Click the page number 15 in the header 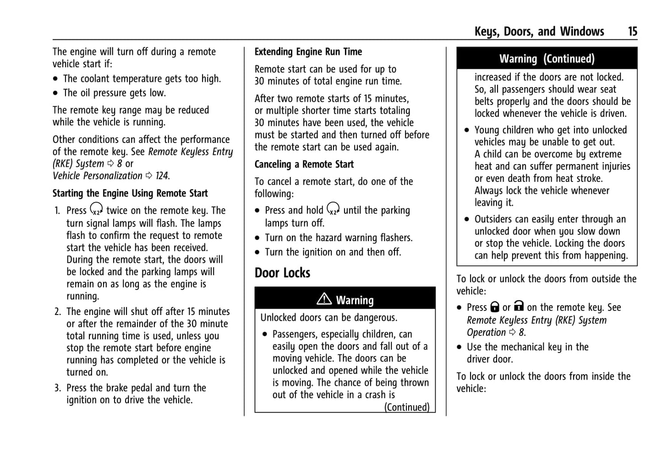tap(632, 31)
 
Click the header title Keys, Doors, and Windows tap(539, 31)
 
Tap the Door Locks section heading tap(282, 273)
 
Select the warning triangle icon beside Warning tap(324, 299)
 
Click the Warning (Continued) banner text tap(547, 59)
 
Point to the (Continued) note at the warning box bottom tap(407, 407)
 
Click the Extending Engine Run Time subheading tap(308, 52)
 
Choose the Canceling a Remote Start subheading tap(304, 164)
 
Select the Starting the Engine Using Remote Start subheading tap(130, 193)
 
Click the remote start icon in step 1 tap(96, 209)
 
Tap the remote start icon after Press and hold tap(333, 209)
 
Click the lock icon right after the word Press tap(495, 307)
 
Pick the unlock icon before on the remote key tap(519, 306)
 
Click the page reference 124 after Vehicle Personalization tap(162, 176)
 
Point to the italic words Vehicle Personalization tap(97, 176)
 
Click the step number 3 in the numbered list tap(57, 388)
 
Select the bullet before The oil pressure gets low tap(55, 94)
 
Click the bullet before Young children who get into tap(467, 130)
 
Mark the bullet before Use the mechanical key tap(460, 348)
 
